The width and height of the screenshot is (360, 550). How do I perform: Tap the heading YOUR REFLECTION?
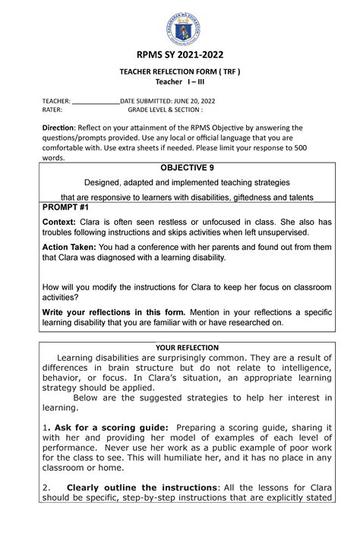coord(180,348)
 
